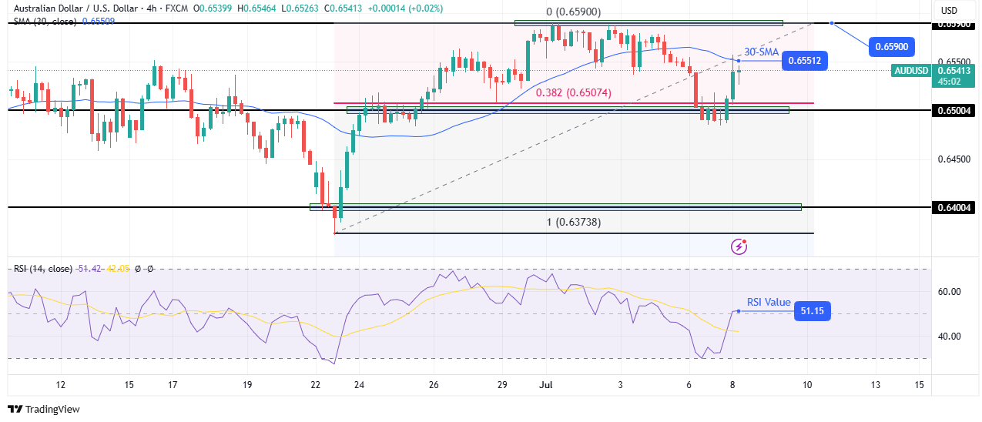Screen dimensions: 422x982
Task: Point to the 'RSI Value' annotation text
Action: coord(768,303)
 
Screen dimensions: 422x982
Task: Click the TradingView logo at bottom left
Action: coord(44,409)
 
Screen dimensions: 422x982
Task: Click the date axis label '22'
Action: coord(315,384)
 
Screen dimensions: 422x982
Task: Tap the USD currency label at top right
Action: coord(949,10)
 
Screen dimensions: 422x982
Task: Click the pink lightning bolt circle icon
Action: coord(739,246)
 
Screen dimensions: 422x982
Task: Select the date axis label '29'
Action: coord(502,384)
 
